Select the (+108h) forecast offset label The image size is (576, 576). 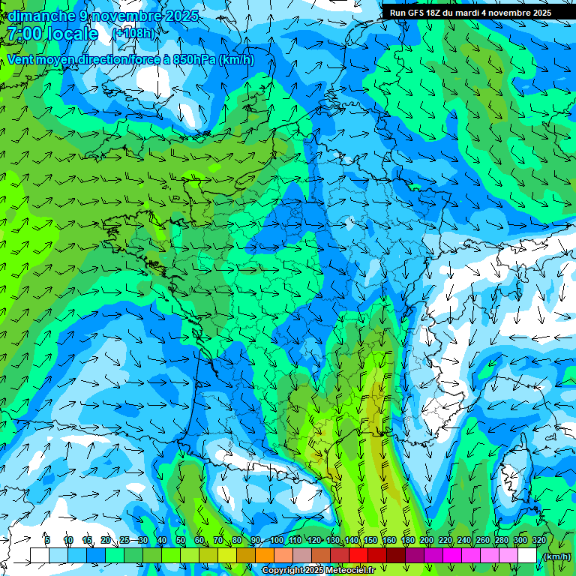click(133, 34)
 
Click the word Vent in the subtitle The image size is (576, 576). click(21, 60)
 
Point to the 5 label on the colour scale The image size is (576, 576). click(47, 541)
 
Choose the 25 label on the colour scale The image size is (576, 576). click(124, 541)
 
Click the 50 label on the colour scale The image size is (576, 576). click(181, 541)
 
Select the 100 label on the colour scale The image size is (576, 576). click(277, 541)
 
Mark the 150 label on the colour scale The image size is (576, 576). click(370, 541)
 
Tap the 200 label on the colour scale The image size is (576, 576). click(427, 541)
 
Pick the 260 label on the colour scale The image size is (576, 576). click(483, 541)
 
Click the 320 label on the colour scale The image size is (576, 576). click(539, 541)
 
